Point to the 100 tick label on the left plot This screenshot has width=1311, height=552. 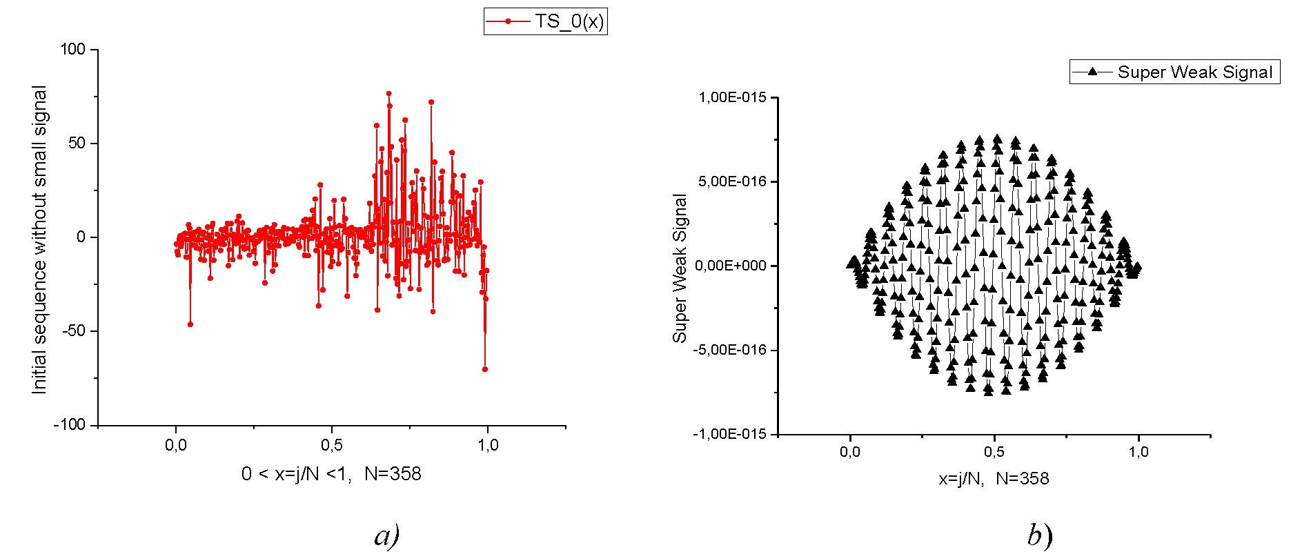point(72,50)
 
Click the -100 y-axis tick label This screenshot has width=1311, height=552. point(69,425)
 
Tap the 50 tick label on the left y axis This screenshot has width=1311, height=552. point(77,144)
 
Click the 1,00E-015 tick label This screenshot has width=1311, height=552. point(732,98)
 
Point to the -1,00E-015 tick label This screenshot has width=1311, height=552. point(729,434)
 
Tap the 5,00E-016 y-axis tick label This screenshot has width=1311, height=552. point(732,182)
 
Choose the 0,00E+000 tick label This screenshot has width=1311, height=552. point(731,266)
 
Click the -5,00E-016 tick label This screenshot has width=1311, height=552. point(729,351)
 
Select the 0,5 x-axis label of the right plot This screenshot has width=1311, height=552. point(994,452)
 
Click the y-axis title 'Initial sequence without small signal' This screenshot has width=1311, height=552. point(39,239)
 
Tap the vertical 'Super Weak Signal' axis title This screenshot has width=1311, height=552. point(680,268)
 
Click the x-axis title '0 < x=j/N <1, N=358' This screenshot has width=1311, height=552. point(331,474)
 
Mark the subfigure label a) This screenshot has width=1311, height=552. point(387,535)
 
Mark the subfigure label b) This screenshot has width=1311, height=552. point(1039,535)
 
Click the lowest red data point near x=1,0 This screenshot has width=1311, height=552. point(485,369)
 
